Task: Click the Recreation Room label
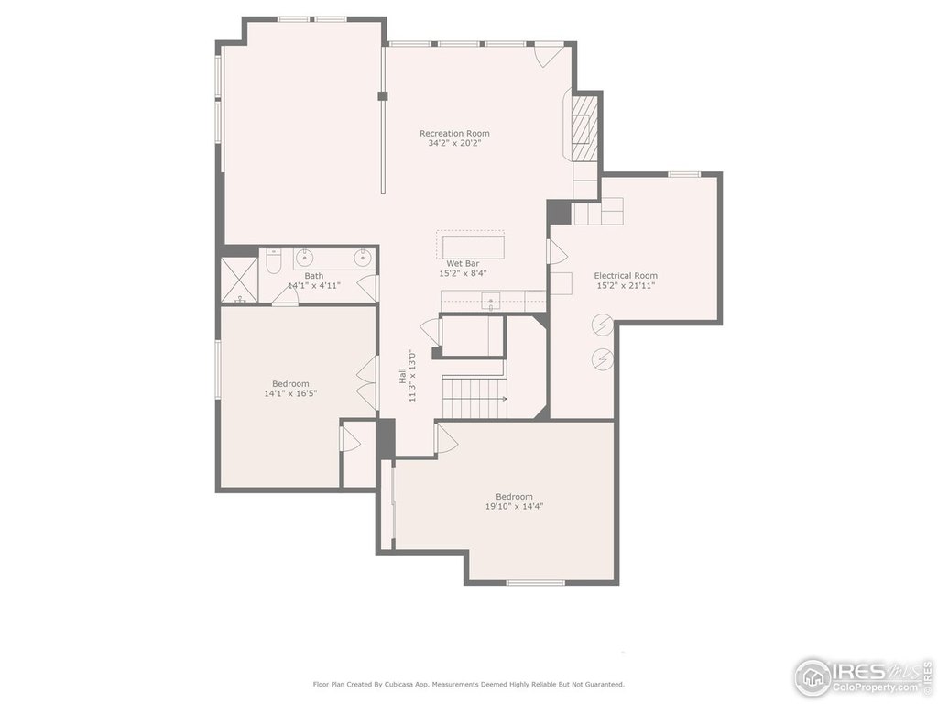(454, 134)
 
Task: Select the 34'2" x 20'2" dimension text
(454, 144)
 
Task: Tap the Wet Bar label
(463, 263)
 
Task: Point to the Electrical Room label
(626, 275)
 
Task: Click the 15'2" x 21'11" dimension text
(626, 286)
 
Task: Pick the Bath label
(314, 276)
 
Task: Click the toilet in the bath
(273, 261)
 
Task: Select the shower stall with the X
(239, 280)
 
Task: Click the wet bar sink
(492, 300)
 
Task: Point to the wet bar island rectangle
(474, 247)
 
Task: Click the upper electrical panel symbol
(602, 324)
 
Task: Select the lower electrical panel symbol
(602, 359)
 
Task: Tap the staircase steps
(474, 397)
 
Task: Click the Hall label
(403, 376)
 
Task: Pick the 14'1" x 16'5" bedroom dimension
(290, 394)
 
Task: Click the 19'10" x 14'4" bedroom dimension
(515, 506)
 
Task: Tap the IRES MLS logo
(865, 676)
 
